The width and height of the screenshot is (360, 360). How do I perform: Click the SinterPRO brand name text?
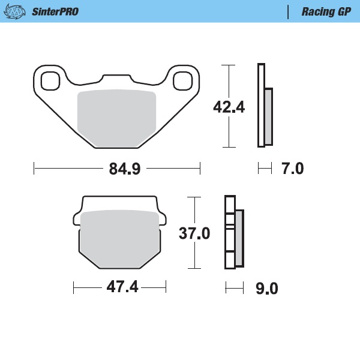coord(55,11)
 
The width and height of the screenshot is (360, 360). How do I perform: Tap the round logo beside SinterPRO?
coord(19,11)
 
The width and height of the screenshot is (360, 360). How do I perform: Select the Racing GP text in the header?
coord(326,11)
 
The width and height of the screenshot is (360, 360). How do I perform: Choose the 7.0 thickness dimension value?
coord(292,169)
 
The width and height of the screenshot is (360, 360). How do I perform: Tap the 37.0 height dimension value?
coord(194,233)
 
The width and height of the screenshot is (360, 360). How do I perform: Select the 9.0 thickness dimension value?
coord(266,289)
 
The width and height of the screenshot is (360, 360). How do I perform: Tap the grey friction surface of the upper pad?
coord(117,117)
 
